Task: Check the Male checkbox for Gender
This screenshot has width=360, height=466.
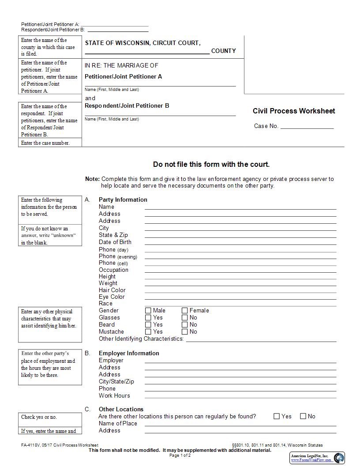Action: point(148,311)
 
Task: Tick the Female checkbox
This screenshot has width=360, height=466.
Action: point(185,311)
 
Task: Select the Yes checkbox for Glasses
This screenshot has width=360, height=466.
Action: point(148,318)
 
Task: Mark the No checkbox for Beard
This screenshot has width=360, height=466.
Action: point(185,325)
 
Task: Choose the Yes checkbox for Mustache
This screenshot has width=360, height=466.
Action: point(148,332)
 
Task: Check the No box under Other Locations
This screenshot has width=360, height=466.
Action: point(303,416)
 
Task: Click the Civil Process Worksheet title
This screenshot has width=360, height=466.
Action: point(294,111)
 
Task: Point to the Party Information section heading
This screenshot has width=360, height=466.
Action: point(123,200)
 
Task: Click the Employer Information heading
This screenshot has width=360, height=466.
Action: point(129,353)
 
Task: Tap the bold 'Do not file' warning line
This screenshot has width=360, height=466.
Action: point(211,165)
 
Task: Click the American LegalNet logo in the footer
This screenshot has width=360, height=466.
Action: point(317,458)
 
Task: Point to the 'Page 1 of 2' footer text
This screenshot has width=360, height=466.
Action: point(180,455)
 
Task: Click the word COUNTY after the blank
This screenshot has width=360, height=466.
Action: point(223,51)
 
